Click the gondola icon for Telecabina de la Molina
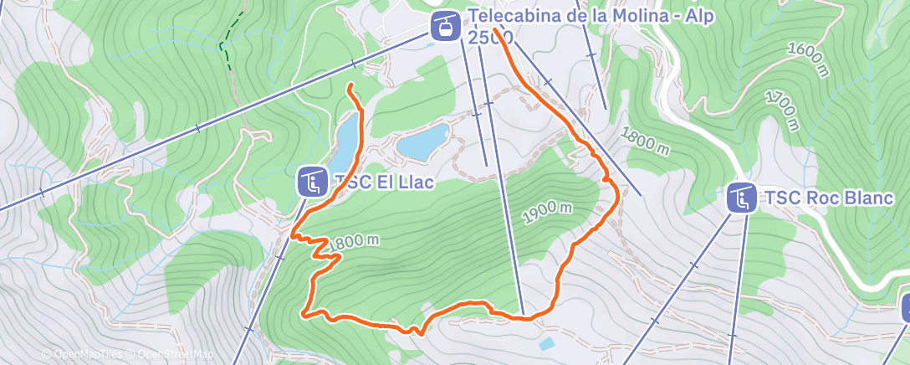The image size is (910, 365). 445,25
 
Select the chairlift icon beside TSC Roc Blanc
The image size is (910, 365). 741,198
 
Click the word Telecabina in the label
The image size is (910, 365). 511,16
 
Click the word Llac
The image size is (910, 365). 414,182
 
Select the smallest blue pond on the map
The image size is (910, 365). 546,343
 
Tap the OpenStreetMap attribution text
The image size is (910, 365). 171,355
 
